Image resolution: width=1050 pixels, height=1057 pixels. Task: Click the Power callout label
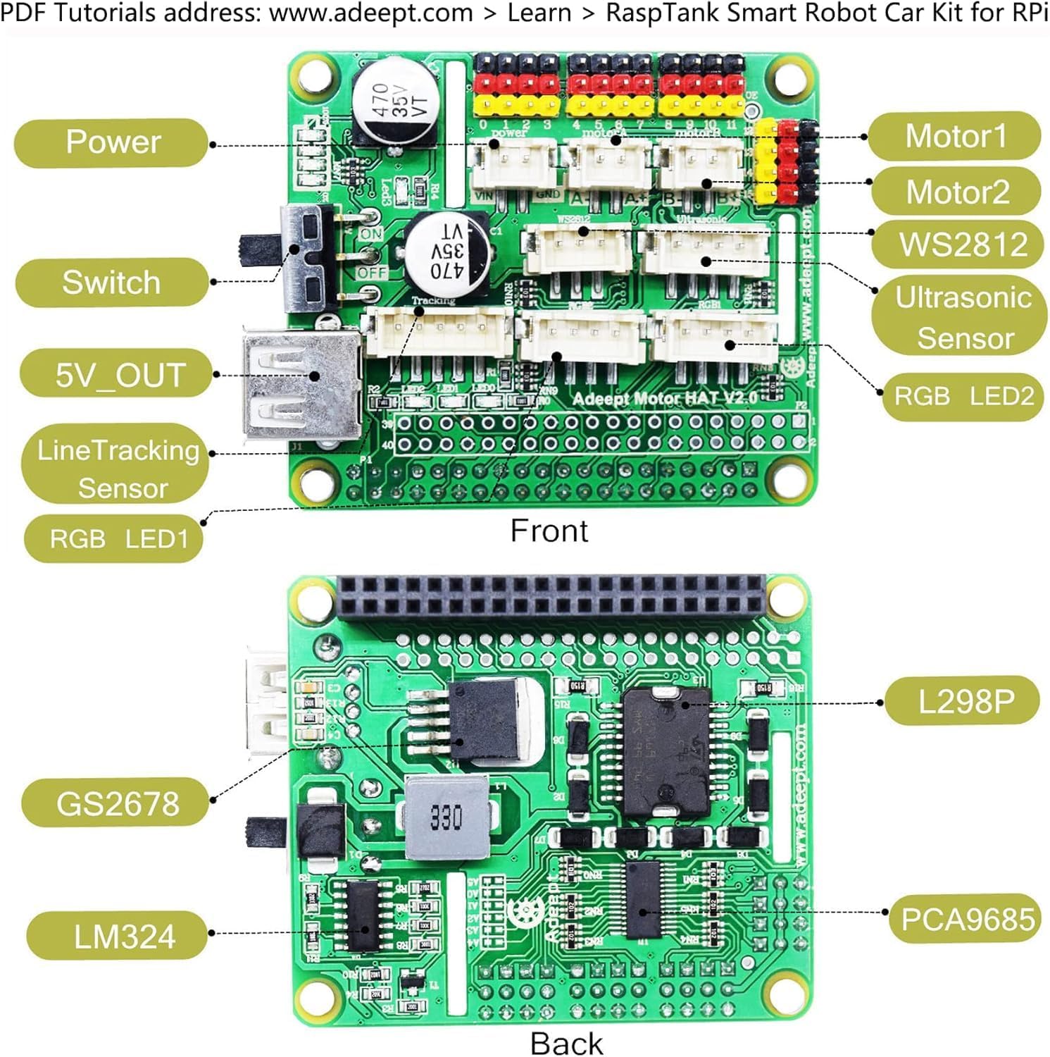[112, 142]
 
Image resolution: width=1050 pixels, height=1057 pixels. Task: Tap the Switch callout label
[112, 283]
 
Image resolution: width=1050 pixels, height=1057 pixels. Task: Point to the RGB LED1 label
[117, 539]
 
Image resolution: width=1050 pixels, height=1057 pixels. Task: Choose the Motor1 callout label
[955, 136]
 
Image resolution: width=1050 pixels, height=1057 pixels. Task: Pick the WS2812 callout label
[962, 245]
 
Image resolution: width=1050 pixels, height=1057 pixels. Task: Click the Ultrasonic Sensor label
[962, 318]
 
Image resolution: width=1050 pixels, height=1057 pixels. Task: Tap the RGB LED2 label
[963, 397]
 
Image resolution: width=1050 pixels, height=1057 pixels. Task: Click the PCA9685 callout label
[967, 919]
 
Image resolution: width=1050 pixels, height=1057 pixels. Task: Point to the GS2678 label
[117, 803]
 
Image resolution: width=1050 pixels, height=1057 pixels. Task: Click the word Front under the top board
[549, 531]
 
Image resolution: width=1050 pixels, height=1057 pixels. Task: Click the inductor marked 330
[446, 818]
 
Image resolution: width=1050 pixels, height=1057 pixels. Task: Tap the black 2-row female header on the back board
[551, 596]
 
